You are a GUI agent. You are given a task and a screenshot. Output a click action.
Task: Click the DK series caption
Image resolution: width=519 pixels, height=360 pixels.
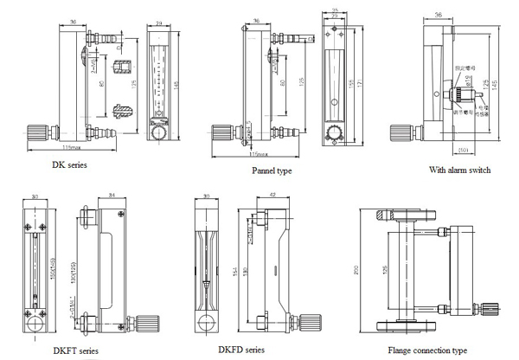click(x=70, y=163)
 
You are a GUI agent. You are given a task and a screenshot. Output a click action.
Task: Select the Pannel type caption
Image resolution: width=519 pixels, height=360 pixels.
click(x=272, y=171)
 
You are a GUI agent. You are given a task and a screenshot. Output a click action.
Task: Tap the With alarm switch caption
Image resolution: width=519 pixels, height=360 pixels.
click(x=459, y=170)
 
